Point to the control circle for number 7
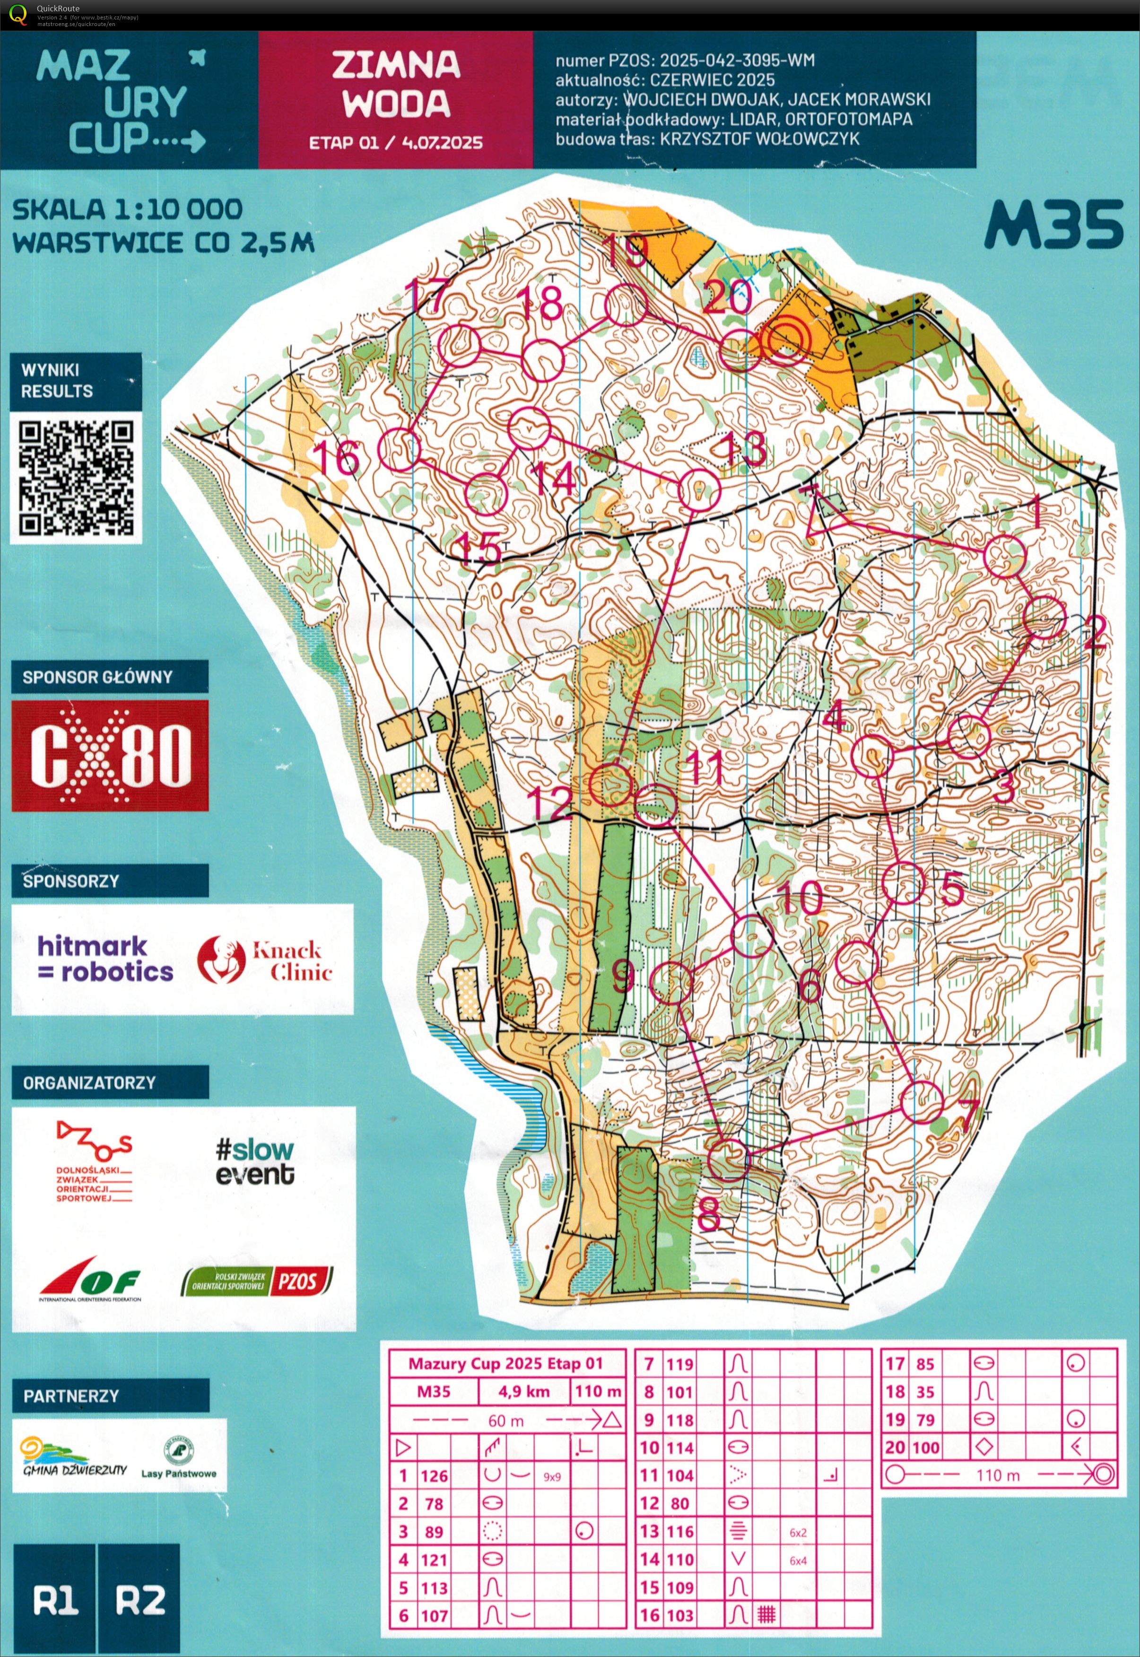[x=922, y=1102]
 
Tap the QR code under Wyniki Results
[x=76, y=478]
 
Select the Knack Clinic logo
[x=265, y=960]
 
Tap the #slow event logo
[x=254, y=1161]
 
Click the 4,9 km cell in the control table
[x=523, y=1391]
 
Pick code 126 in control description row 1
[x=434, y=1475]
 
